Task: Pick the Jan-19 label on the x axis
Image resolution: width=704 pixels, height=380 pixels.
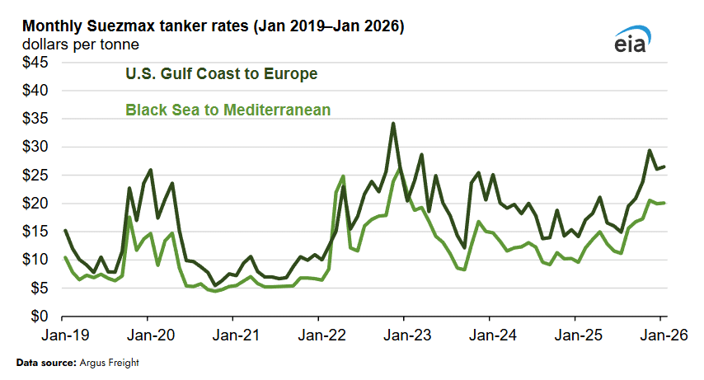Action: click(x=64, y=336)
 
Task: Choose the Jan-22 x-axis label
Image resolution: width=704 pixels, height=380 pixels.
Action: click(x=320, y=336)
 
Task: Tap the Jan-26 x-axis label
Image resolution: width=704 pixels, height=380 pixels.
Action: click(x=659, y=336)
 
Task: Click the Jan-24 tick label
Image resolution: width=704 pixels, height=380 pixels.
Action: click(x=490, y=336)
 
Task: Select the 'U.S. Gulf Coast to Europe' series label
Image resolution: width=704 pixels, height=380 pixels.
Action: click(x=221, y=74)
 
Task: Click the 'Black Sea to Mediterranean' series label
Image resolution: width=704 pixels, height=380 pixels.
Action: click(x=228, y=109)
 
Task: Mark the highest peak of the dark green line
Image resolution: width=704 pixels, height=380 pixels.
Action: click(x=393, y=124)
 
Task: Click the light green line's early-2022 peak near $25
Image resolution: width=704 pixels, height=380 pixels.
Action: click(x=342, y=176)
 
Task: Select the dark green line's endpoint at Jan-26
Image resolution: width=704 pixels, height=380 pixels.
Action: click(x=664, y=167)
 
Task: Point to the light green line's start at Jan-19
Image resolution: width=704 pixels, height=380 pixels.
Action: click(x=65, y=257)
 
